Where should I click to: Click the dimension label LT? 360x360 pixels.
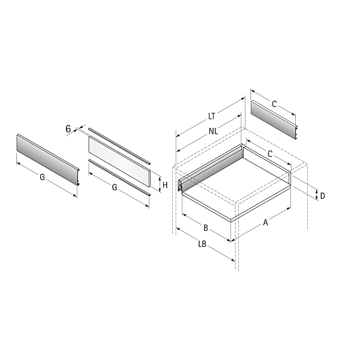(x=211, y=116)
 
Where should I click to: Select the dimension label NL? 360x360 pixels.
(x=213, y=131)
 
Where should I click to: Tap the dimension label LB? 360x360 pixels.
(x=202, y=244)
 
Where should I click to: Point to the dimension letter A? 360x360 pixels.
(x=265, y=222)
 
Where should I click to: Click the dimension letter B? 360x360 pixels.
(x=206, y=228)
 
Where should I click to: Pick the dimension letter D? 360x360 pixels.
(x=322, y=196)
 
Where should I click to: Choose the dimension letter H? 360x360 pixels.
(x=165, y=185)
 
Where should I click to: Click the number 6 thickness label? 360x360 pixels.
(x=68, y=129)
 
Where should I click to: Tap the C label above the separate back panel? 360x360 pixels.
(x=274, y=104)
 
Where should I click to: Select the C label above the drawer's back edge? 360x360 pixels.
(x=270, y=154)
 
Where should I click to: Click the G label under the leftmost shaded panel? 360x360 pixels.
(x=42, y=177)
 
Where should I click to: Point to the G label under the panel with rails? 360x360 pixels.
(x=115, y=187)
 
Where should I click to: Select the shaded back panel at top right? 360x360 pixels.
(x=274, y=119)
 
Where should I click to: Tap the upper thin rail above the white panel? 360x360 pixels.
(x=119, y=146)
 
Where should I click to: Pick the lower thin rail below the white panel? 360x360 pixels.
(x=119, y=178)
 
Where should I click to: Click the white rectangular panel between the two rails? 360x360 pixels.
(x=119, y=161)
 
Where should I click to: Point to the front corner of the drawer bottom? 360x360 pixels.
(x=231, y=220)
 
